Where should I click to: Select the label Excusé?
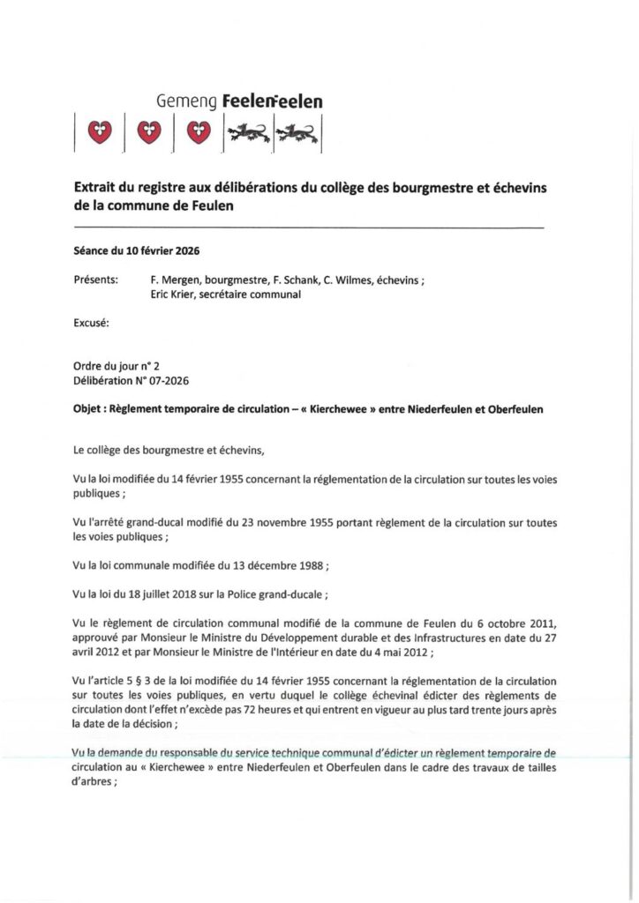pyautogui.click(x=92, y=325)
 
